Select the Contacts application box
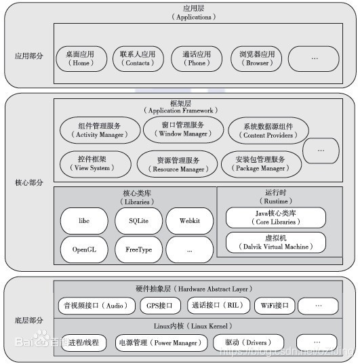click(138, 58)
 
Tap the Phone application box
click(197, 58)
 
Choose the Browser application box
click(257, 58)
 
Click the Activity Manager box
click(100, 130)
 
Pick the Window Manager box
click(183, 129)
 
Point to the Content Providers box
click(266, 130)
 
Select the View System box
click(93, 163)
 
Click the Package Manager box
click(260, 163)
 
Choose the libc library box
click(84, 221)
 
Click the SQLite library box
click(138, 221)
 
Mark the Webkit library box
click(189, 221)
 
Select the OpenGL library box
click(84, 249)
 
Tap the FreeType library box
click(138, 249)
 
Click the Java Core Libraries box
click(275, 218)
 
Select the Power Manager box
click(158, 342)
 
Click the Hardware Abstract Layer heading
click(201, 287)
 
